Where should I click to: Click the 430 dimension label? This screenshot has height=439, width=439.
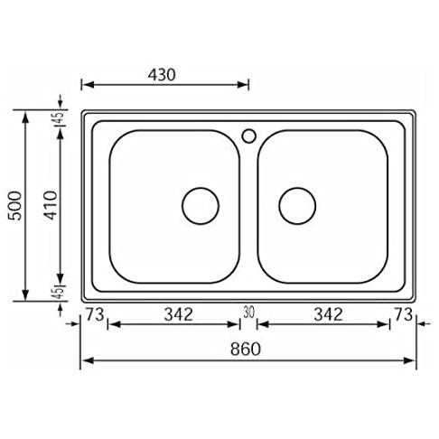click(x=162, y=75)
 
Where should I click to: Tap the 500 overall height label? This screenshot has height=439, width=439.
click(x=15, y=206)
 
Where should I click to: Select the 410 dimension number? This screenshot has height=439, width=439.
click(x=50, y=205)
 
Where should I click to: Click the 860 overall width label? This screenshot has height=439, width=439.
click(x=245, y=349)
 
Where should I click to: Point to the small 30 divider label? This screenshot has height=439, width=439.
click(x=248, y=313)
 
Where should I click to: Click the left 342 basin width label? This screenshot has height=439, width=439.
click(x=178, y=314)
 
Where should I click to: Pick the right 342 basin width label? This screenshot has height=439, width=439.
click(x=328, y=314)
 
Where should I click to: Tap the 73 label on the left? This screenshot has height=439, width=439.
click(x=95, y=314)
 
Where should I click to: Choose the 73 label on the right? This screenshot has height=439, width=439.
click(x=403, y=314)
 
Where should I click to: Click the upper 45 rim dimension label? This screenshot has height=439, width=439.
click(x=59, y=118)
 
